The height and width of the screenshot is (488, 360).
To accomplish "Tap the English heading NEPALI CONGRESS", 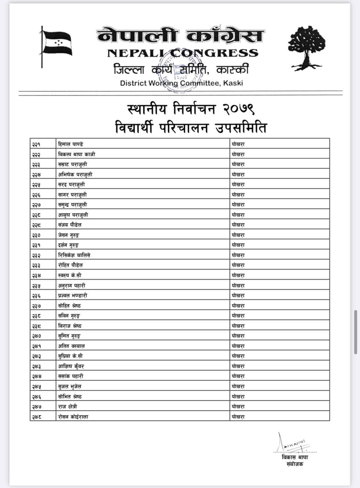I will (x=182, y=53).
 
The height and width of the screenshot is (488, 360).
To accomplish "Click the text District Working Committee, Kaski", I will (x=181, y=83).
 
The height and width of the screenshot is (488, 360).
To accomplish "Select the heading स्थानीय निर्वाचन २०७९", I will (x=191, y=109).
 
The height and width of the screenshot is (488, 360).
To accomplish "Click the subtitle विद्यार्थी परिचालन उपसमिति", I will (x=191, y=128).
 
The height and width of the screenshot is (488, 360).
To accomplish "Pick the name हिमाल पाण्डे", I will (x=71, y=144).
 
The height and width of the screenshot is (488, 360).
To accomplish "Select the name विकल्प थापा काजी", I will (x=76, y=154).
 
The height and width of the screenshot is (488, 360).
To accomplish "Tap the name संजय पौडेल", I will (x=70, y=225).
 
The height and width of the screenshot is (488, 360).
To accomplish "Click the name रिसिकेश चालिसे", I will (x=74, y=255).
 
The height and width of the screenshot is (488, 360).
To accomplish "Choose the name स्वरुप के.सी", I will (x=70, y=275).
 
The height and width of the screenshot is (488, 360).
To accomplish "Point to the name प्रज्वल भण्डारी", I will (x=73, y=295).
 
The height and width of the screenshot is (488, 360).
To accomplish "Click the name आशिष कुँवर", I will (x=71, y=366).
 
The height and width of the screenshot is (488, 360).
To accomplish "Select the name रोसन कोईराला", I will (x=73, y=417).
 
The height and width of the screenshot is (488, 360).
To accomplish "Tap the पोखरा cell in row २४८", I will (x=238, y=417).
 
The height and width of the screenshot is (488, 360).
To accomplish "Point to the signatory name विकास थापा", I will (x=295, y=457).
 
